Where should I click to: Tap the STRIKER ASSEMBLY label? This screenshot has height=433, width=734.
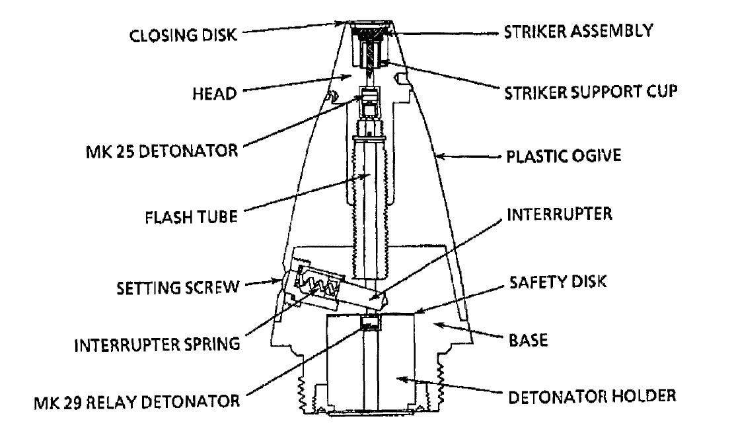coord(578,31)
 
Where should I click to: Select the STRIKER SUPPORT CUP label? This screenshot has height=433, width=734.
coord(590,92)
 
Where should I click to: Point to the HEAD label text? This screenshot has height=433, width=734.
coord(215,94)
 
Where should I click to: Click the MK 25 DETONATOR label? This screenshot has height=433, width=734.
coord(162,151)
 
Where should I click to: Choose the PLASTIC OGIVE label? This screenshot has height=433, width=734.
coord(564,156)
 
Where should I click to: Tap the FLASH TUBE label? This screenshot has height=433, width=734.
coord(191,217)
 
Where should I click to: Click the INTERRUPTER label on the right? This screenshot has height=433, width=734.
coord(560,214)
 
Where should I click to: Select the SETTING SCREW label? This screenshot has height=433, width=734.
coord(178,288)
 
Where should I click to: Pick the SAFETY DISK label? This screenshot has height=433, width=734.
coord(558,282)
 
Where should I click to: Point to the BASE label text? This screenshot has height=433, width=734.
coord(528,340)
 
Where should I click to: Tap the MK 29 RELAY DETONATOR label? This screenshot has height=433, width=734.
coord(137,402)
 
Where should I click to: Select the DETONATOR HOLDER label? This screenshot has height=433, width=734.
coord(592,397)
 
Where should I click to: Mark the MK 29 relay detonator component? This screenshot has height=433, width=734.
coord(371,322)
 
